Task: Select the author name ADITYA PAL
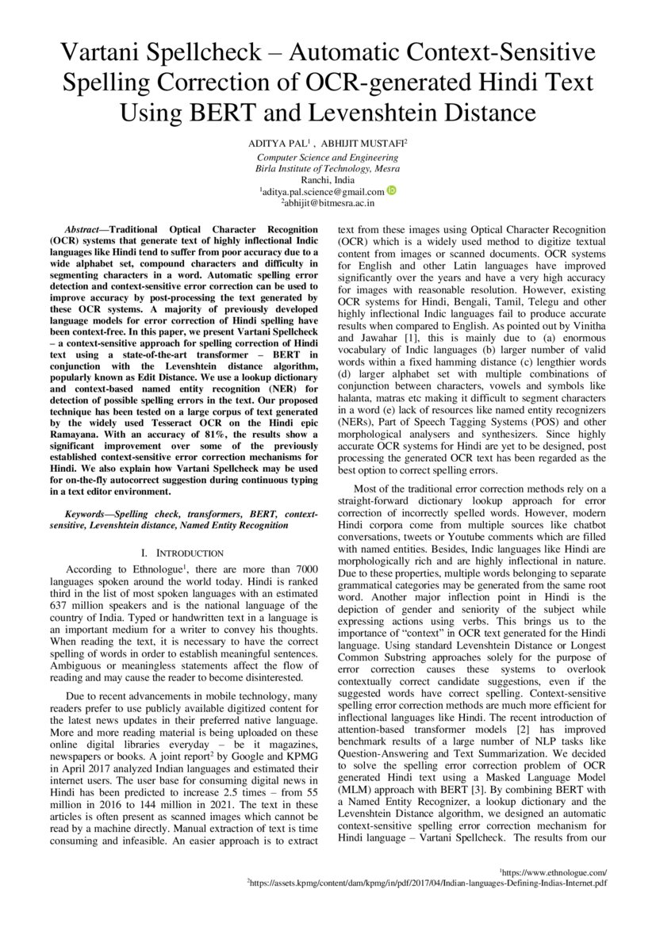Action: (274, 145)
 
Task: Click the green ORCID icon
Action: (392, 190)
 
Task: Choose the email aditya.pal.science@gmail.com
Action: (323, 192)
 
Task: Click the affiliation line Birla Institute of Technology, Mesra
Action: (328, 169)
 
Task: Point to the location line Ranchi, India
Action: (328, 180)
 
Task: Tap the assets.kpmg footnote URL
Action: (428, 881)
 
